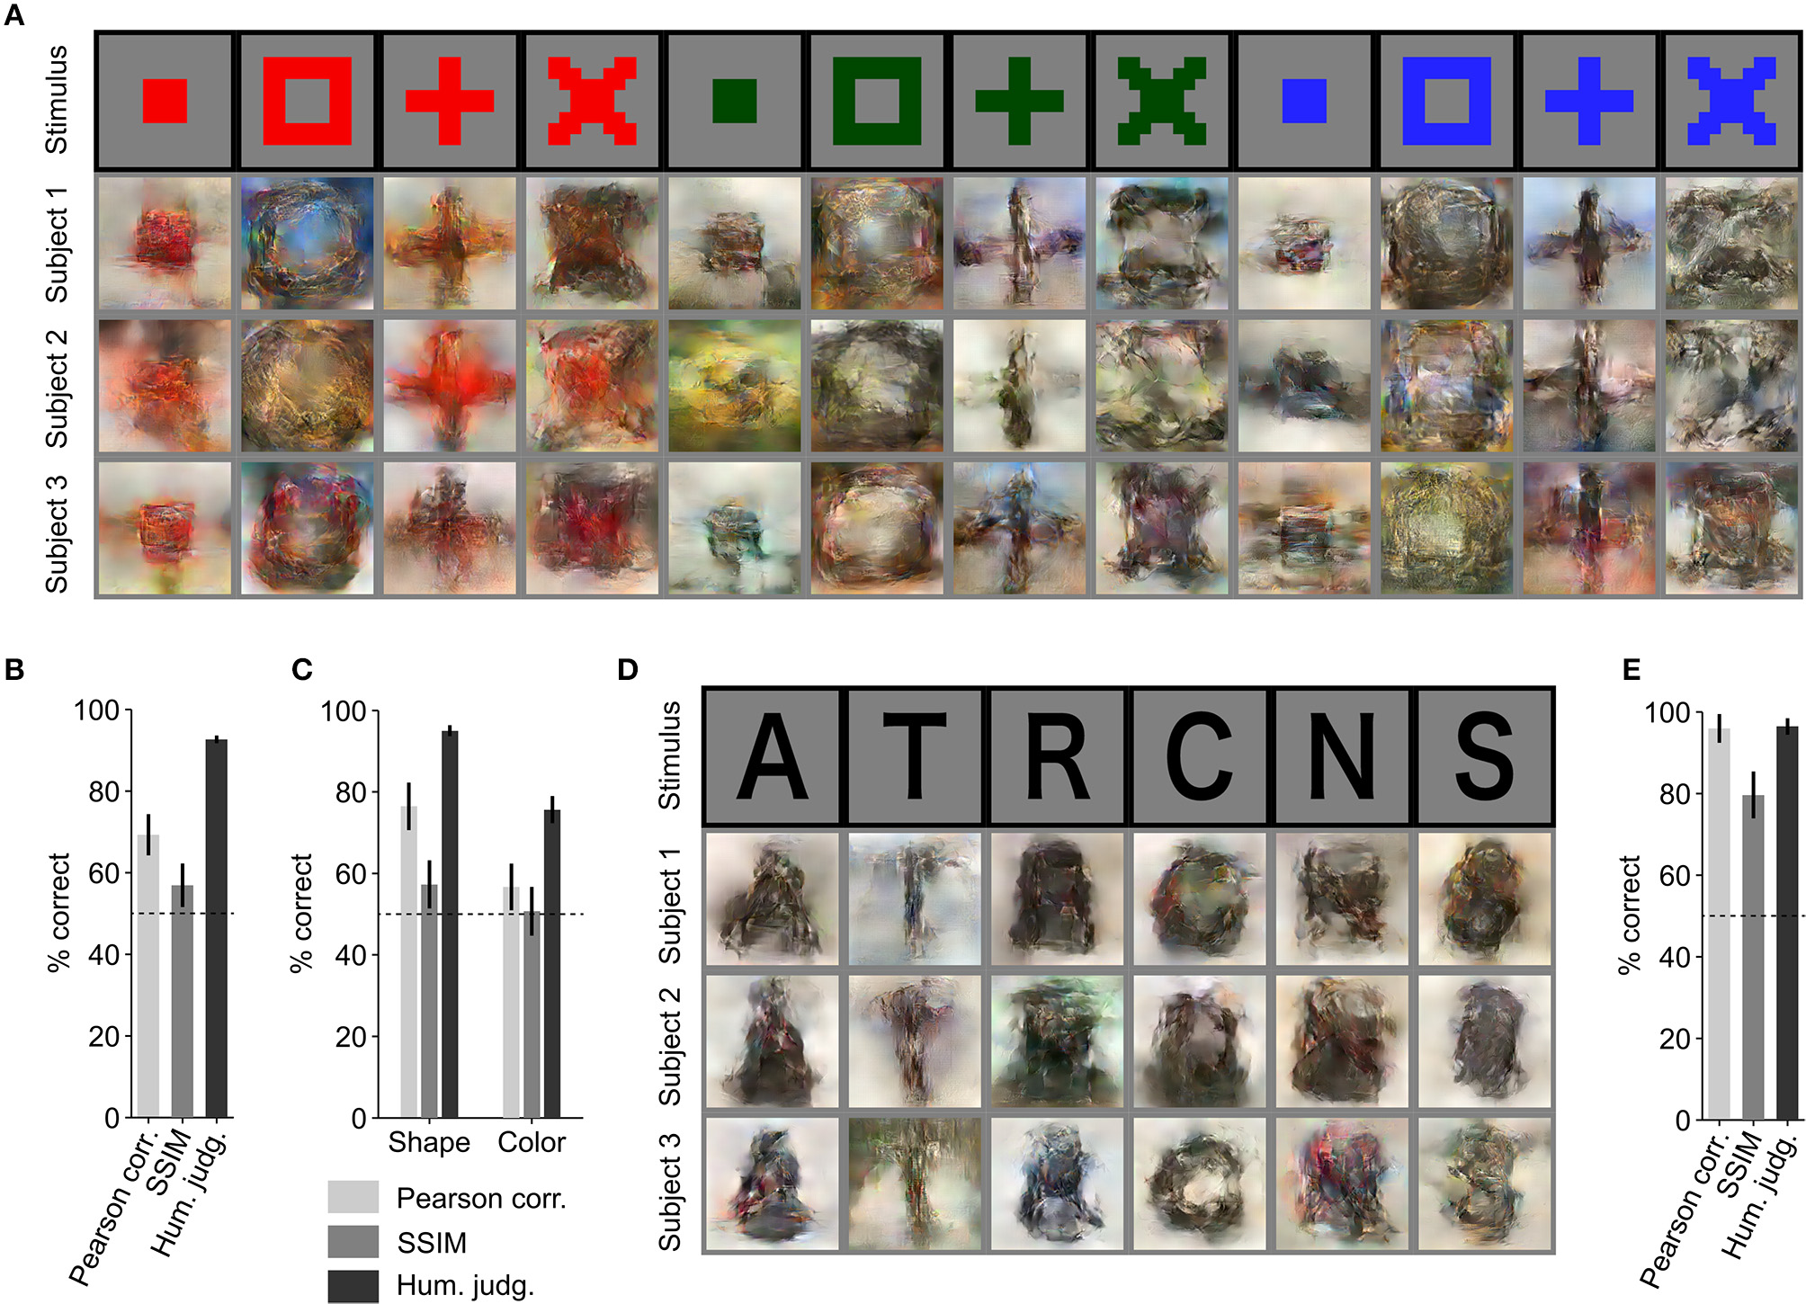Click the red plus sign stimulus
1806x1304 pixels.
coord(450,101)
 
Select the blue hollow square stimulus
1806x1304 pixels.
coord(1446,101)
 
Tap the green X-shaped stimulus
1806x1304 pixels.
coord(1161,101)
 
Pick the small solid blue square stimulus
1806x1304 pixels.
coord(1304,101)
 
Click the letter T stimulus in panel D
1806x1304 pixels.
coord(915,756)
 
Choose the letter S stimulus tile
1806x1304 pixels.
coord(1484,756)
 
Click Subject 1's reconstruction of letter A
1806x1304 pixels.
coord(772,898)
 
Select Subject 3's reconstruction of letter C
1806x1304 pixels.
coord(1199,1183)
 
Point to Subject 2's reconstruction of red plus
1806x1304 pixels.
coord(450,386)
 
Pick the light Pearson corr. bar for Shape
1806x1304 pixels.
coord(408,961)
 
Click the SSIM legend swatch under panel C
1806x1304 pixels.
coord(353,1242)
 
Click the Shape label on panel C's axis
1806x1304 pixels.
coord(429,1142)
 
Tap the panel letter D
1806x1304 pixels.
coord(627,669)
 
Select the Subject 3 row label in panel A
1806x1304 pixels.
coord(57,533)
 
